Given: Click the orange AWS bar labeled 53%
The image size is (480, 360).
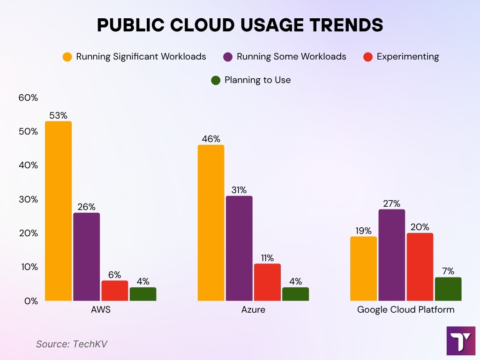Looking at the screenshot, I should point(58,211).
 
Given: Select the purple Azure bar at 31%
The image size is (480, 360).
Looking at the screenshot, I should point(239,248).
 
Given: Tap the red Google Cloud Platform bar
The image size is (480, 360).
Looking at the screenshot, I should point(420,267).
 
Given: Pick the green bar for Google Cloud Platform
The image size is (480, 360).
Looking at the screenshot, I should point(448,289).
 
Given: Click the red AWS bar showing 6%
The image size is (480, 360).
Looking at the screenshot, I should point(115,291).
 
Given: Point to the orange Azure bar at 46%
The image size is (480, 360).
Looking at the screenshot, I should point(211,223).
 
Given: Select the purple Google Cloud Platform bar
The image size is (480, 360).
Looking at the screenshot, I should point(392,255).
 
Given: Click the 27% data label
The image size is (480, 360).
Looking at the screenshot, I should point(391,203).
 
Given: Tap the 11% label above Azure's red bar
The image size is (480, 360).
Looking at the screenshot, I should point(267,258).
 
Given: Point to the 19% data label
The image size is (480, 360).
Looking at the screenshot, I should point(363,231).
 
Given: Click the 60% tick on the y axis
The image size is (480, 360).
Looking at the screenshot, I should point(28,97).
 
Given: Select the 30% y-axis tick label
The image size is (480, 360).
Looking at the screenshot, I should point(28,199).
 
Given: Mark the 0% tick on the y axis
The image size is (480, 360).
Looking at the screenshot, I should point(31,301).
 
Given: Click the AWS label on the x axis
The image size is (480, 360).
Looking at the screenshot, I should point(101,310).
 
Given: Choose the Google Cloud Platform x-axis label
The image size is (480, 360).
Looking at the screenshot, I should point(405,310).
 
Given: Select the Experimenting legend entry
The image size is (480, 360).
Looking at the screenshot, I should point(407,57).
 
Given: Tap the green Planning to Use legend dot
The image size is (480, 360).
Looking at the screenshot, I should point(216,80).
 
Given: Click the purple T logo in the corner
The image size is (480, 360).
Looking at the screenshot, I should point(461,341).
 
